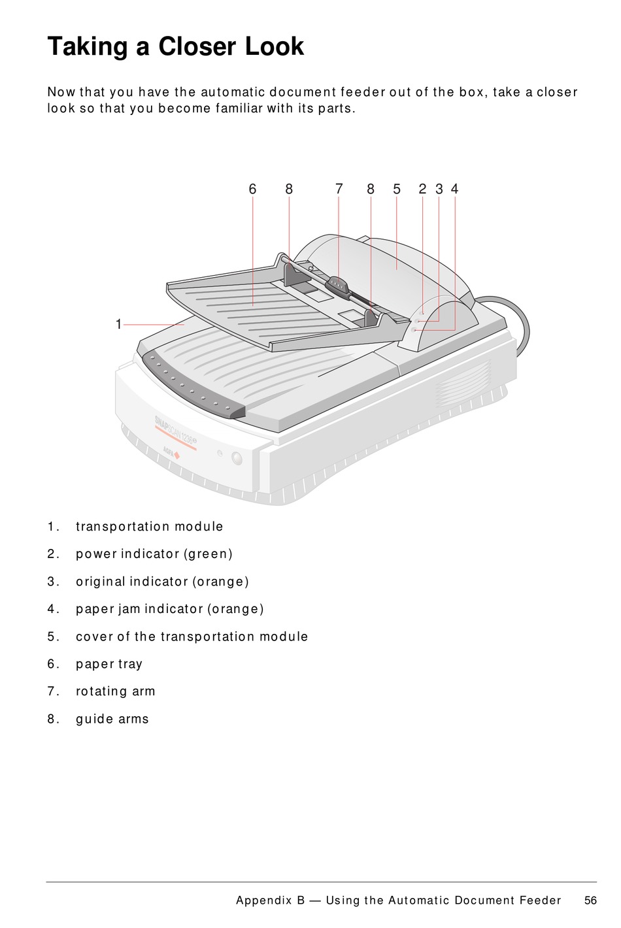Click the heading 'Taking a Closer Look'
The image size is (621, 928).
pos(175,46)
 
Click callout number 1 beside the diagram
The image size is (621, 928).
pos(118,324)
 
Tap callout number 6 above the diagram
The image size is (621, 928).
pos(252,190)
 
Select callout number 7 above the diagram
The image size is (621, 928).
pos(339,190)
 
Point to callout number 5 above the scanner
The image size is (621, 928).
pos(397,190)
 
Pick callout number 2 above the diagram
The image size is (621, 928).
pos(422,190)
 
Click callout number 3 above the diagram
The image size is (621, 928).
pos(439,190)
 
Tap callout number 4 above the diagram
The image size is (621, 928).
pos(454,190)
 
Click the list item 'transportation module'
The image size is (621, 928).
pos(149,527)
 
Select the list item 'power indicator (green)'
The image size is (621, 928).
pos(154,554)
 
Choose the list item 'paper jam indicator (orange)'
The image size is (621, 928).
pos(170,609)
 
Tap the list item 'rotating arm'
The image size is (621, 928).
pos(116,691)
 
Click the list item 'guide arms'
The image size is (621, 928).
pos(112,719)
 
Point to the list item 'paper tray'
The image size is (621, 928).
pos(109,664)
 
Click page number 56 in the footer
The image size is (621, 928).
pos(590,901)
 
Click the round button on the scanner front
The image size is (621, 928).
pos(237,458)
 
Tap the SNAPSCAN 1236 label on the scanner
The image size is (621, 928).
pos(175,430)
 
